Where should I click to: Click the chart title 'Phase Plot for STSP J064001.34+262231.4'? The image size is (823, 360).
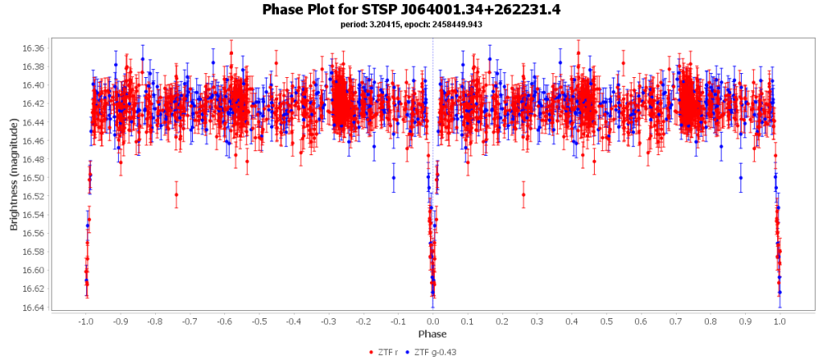pyautogui.click(x=411, y=10)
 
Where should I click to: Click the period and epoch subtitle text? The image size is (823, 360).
pyautogui.click(x=411, y=24)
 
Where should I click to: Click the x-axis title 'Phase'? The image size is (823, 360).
pyautogui.click(x=432, y=333)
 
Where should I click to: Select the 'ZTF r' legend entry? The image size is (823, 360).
pyautogui.click(x=389, y=352)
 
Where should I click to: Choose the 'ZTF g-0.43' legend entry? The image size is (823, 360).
pyautogui.click(x=434, y=352)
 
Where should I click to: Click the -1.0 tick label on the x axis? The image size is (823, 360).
pyautogui.click(x=84, y=321)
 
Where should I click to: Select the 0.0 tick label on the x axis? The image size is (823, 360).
pyautogui.click(x=433, y=321)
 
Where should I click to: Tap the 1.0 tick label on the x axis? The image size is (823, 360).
pyautogui.click(x=780, y=321)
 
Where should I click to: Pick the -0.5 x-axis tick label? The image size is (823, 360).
pyautogui.click(x=258, y=321)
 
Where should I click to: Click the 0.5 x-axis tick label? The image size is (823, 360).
pyautogui.click(x=606, y=321)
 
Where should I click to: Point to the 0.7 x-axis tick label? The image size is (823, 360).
pyautogui.click(x=676, y=321)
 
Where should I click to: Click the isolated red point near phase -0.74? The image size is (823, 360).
pyautogui.click(x=176, y=194)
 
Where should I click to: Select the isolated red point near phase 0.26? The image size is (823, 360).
pyautogui.click(x=523, y=194)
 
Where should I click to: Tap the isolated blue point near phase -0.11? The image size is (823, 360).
pyautogui.click(x=394, y=178)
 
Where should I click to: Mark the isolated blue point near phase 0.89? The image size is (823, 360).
pyautogui.click(x=741, y=178)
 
